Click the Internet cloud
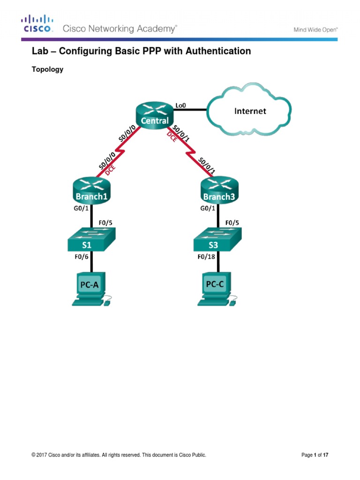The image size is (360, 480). (250, 111)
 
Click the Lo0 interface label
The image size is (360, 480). (180, 105)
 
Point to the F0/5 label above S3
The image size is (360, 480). (232, 223)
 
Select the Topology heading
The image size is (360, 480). (47, 70)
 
